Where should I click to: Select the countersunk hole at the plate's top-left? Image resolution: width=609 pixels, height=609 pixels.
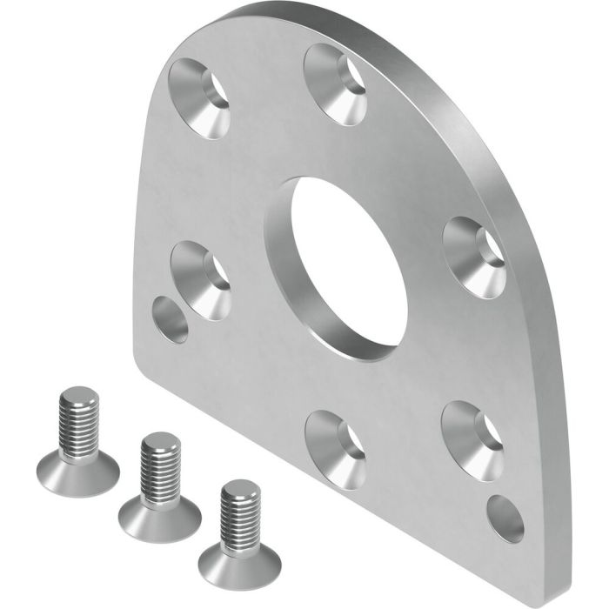[x=200, y=97]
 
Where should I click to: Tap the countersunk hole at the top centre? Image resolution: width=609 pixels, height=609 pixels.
[x=336, y=84]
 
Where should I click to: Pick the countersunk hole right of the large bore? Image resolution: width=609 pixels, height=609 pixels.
[x=475, y=257]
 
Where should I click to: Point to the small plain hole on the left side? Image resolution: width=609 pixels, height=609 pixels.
[x=170, y=319]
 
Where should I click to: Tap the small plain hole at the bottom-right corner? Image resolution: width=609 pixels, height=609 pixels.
[x=505, y=519]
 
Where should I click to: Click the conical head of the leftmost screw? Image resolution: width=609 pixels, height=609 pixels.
[x=78, y=474]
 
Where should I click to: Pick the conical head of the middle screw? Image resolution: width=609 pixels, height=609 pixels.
[x=160, y=519]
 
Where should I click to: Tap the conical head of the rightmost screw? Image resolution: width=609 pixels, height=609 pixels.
[x=239, y=564]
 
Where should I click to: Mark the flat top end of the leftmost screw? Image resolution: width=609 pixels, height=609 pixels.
[x=79, y=397]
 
